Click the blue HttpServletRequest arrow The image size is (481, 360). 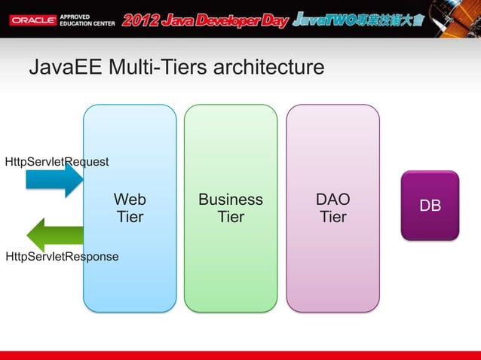click(x=54, y=180)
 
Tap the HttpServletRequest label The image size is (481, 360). click(x=57, y=162)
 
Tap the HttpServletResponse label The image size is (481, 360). click(x=62, y=257)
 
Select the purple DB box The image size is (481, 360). click(x=430, y=206)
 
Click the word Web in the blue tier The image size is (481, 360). click(x=130, y=200)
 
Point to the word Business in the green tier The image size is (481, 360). click(x=231, y=200)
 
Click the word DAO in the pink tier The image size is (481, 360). click(x=332, y=200)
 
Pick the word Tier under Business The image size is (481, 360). click(x=231, y=217)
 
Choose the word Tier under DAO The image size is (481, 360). click(x=332, y=217)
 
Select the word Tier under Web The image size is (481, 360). click(x=130, y=217)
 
